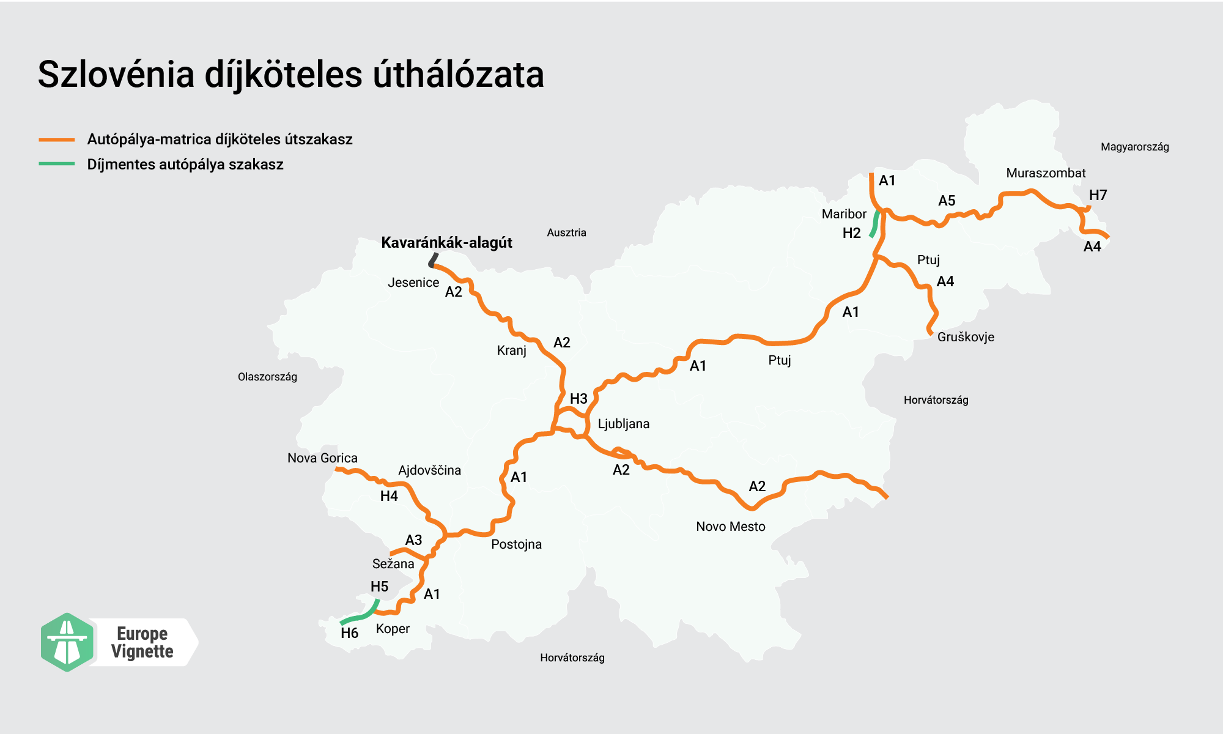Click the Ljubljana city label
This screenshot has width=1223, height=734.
point(623,424)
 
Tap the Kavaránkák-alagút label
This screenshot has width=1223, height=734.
point(446,243)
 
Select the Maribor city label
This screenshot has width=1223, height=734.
point(844,214)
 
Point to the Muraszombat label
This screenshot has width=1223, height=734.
point(1046,173)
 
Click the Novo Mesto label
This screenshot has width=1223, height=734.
point(730,527)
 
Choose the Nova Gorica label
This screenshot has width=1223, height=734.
point(322,458)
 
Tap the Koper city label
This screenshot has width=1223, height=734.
point(393,629)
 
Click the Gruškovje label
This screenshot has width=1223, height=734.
point(966,337)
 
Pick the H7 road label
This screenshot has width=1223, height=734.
point(1098,195)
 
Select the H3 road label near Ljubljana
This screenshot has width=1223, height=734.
point(578,399)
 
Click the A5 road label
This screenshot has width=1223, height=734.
point(947,201)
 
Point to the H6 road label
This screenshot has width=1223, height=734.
point(349,633)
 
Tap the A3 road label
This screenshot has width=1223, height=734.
point(413,540)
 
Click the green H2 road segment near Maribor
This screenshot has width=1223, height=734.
point(875,224)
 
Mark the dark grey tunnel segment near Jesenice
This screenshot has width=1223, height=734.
point(434,260)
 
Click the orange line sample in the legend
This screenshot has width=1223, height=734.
point(57,140)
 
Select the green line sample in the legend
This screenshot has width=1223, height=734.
point(57,164)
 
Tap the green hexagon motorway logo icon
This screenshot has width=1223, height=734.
point(67,642)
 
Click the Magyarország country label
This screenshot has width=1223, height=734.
point(1134,147)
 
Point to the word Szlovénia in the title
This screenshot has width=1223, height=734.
point(116,75)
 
